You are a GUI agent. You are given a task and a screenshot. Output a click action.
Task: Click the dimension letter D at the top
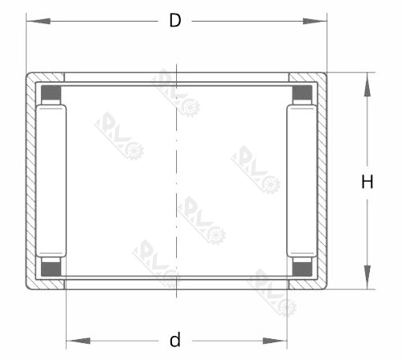[174, 21]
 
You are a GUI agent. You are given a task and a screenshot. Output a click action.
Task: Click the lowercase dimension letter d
[174, 340]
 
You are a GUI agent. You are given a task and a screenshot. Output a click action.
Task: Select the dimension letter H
[367, 182]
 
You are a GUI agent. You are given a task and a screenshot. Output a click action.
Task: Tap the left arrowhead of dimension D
[33, 21]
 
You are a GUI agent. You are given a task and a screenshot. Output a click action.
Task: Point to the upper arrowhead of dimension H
[367, 81]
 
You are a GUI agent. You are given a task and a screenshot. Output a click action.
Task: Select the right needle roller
[302, 182]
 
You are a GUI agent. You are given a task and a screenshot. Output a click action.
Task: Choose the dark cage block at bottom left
[51, 268]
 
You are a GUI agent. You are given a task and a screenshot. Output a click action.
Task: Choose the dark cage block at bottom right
[302, 268]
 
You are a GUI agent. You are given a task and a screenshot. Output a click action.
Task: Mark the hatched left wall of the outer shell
[31, 182]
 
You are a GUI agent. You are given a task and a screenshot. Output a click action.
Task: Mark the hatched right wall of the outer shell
[322, 182]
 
